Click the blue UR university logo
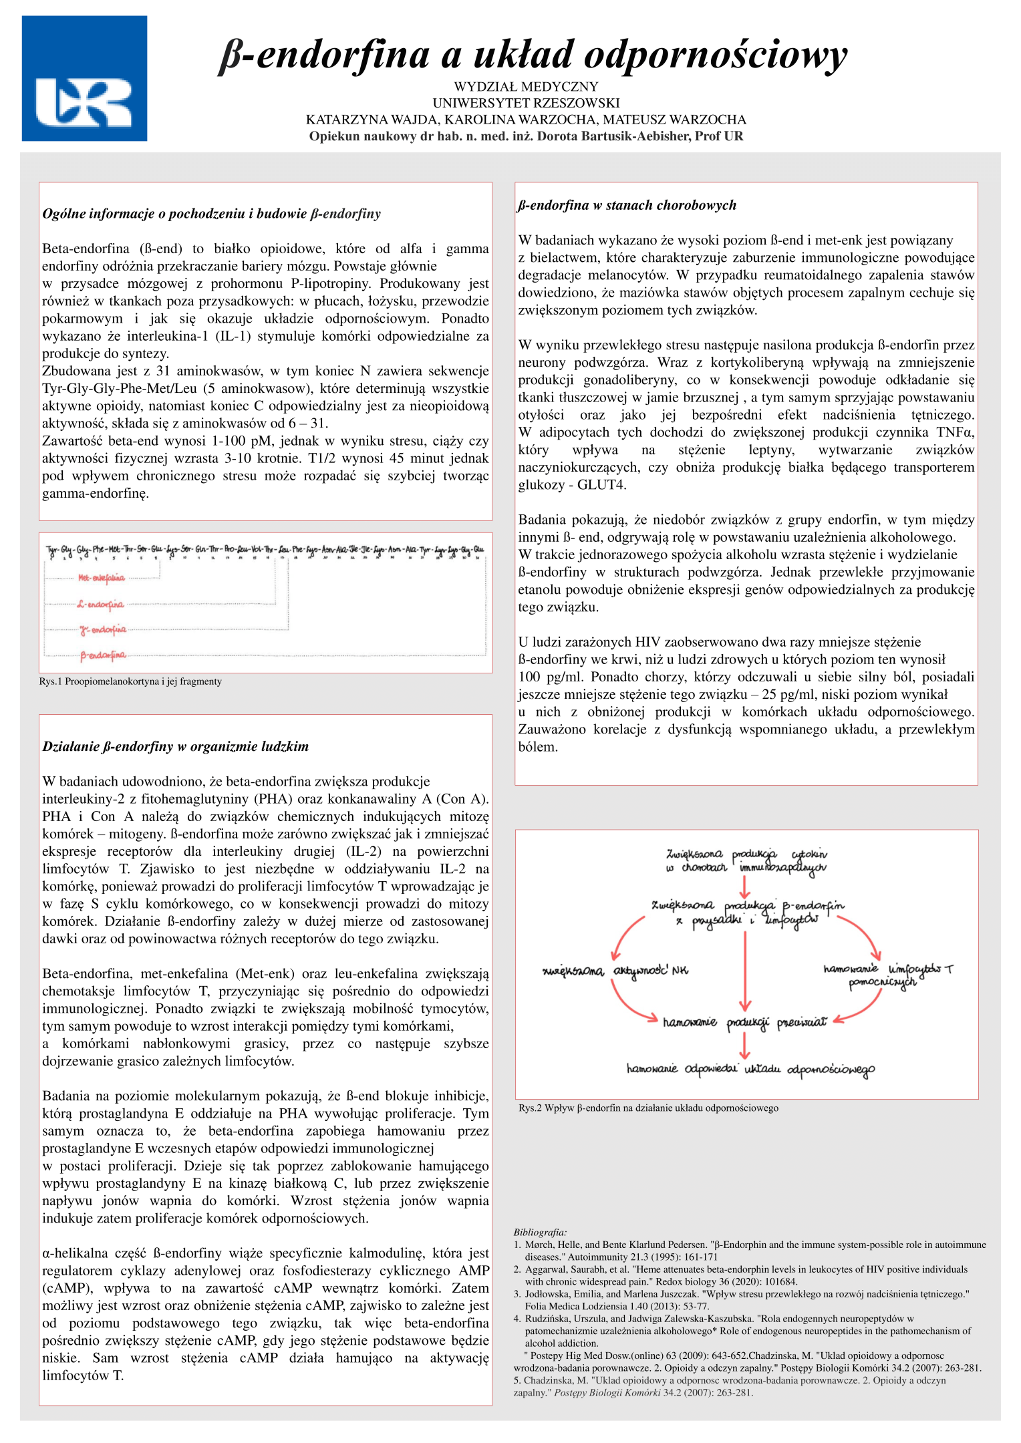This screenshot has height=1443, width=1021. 84,79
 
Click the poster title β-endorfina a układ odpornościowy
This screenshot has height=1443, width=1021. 533,55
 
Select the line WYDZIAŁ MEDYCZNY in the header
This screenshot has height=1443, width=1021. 526,87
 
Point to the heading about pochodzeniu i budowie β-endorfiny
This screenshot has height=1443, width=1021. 211,214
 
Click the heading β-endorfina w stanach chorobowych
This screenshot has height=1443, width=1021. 627,205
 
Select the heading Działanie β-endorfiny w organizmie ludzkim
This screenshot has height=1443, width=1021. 175,746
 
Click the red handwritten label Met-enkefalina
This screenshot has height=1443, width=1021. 102,578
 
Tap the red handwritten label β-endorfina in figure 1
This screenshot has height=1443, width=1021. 103,655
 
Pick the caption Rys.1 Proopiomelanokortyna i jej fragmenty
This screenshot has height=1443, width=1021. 130,681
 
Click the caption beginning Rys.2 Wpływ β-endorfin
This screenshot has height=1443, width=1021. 648,1108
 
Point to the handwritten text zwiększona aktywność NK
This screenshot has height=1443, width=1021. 615,971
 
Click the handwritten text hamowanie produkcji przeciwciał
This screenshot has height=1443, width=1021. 744,1022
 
